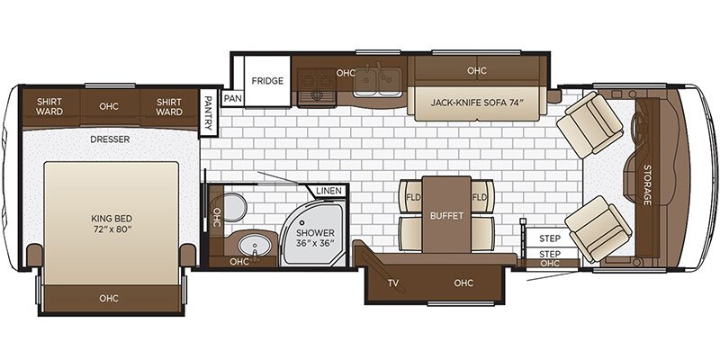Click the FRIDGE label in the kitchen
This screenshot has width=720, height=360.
pos(267,81)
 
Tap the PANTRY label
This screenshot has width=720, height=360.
pos(209,113)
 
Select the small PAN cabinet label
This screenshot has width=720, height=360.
pos(232,98)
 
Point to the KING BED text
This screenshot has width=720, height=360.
pos(111,219)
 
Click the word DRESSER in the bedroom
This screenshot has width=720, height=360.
pos(110,139)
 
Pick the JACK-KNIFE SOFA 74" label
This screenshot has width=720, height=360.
pos(477,102)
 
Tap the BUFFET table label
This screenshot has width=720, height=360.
pos(446,215)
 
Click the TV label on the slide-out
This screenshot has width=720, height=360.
pos(392,283)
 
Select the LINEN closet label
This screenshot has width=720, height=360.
pos(329,191)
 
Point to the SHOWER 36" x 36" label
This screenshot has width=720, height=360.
pos(315,238)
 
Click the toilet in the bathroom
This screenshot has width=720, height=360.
pos(234,207)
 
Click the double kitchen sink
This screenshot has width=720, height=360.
pos(377,83)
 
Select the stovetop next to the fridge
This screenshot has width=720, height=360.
pos(317,87)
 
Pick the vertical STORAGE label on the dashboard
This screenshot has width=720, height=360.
pos(647,184)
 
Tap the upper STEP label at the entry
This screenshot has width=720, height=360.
pos(550,238)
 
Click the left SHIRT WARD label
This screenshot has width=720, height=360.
pos(49,106)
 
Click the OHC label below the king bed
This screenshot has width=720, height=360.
pos(109,299)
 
